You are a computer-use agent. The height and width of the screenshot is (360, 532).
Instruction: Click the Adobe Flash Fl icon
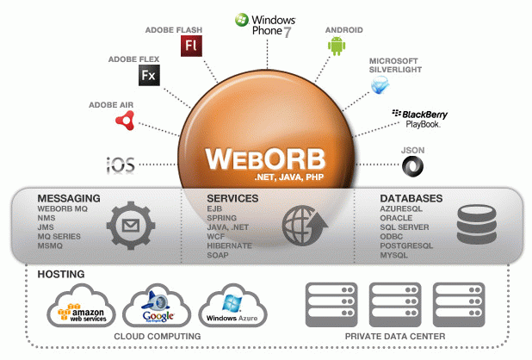point(191,46)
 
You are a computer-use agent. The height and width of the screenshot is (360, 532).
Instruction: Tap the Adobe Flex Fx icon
point(149,76)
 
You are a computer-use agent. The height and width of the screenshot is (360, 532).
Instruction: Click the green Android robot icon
point(336,46)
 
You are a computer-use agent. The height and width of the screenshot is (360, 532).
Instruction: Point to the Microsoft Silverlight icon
point(380,85)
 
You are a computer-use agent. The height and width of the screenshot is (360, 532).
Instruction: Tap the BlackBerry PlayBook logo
point(419,118)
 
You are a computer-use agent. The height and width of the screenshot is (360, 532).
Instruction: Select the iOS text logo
point(120,164)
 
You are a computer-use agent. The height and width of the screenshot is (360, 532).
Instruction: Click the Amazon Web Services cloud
point(84,309)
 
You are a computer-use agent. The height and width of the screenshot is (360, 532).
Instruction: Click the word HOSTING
point(61,274)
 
